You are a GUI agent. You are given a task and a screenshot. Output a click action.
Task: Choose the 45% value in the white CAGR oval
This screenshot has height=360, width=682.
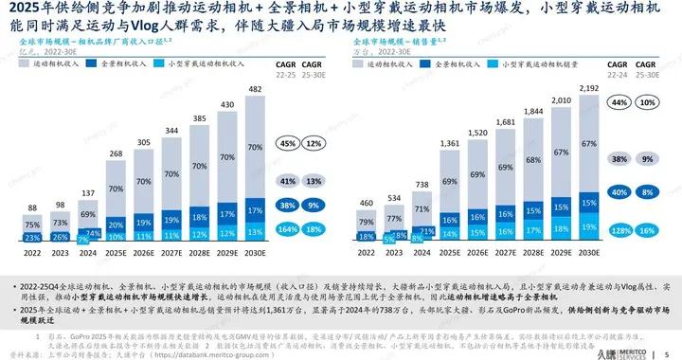286,144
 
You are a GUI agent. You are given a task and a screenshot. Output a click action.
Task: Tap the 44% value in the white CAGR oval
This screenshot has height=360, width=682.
622,100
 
